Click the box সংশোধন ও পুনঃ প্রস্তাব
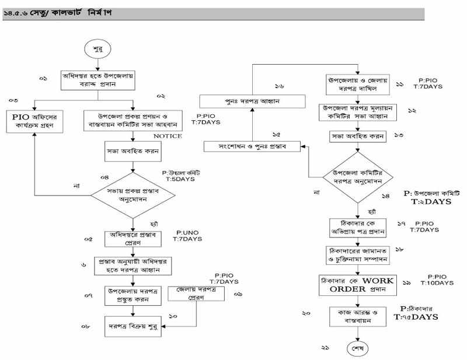[252, 145]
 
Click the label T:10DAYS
[435, 284]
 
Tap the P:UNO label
[187, 232]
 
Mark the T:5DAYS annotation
[177, 179]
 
